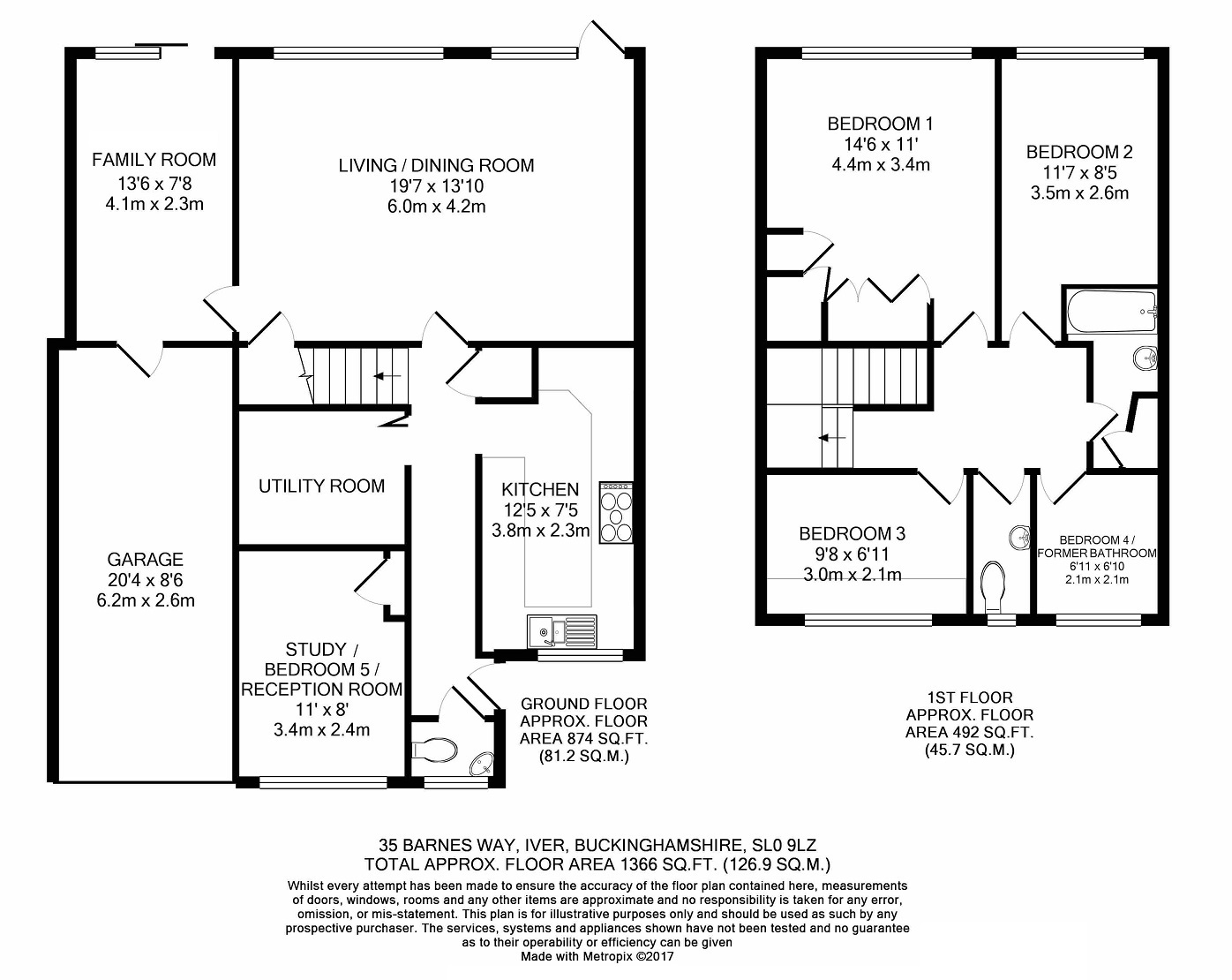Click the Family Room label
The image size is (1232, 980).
pos(154,159)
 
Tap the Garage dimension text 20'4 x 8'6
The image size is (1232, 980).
pos(146,580)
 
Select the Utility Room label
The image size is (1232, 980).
pos(322,486)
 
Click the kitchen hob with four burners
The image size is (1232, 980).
pos(616,513)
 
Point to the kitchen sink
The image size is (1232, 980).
pos(562,632)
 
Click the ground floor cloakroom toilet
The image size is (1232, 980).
pos(435,750)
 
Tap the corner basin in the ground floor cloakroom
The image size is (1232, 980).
pos(481,764)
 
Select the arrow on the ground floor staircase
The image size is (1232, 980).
pos(387,376)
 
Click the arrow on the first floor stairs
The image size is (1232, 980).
pos(832,438)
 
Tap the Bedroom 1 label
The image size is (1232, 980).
pos(881,124)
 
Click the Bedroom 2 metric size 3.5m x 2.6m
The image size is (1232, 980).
pos(1079,193)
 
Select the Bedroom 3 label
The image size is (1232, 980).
pos(853,534)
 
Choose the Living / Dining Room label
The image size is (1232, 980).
pos(436,165)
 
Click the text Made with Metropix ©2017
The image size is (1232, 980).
pos(597,956)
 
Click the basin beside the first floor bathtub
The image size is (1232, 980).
pos(1146,358)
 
